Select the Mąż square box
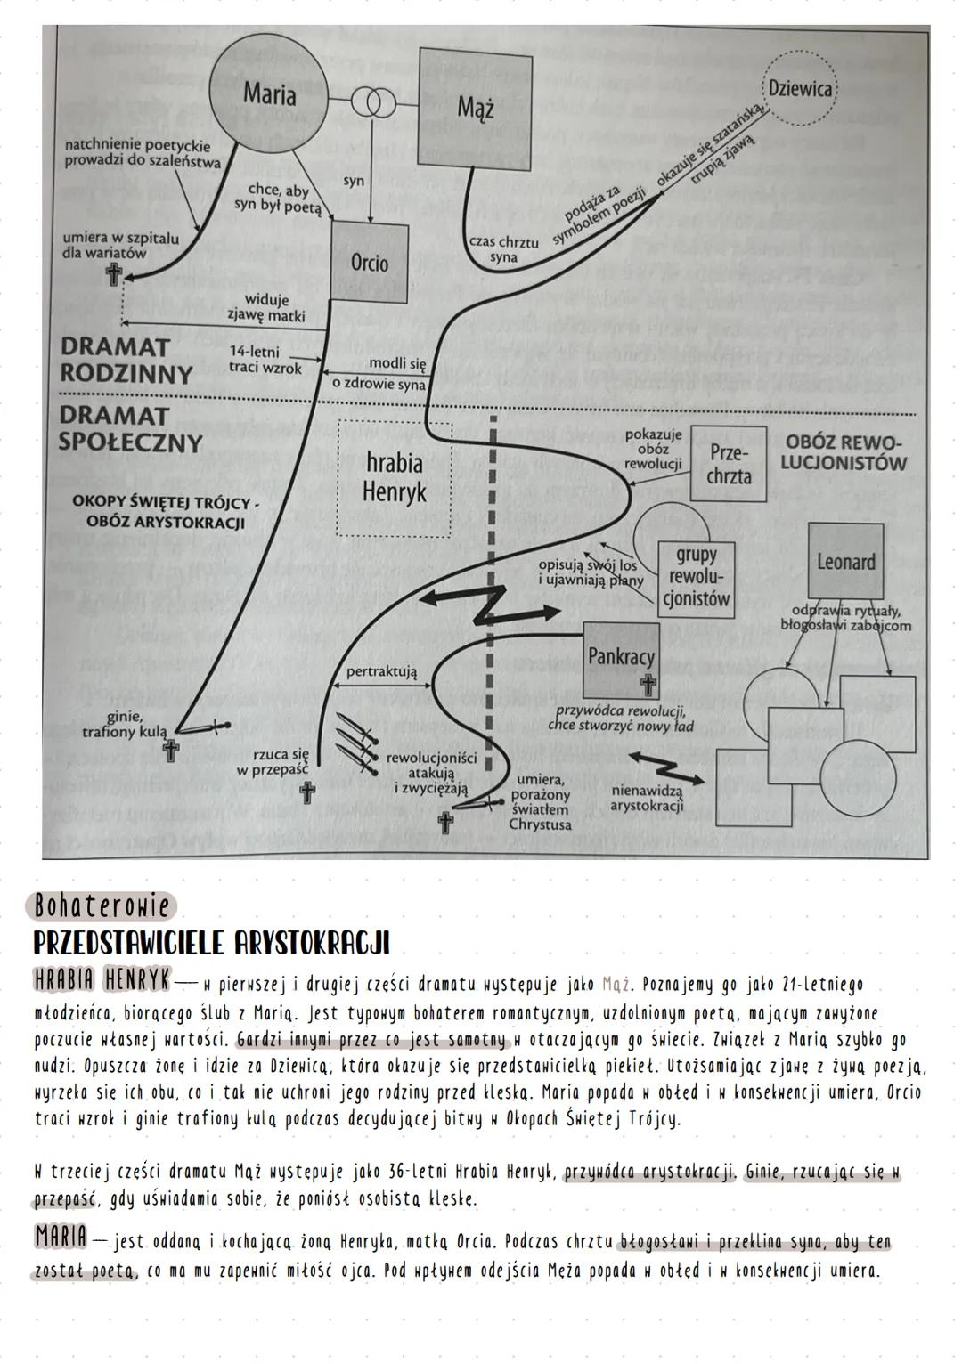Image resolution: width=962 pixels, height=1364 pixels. pyautogui.click(x=476, y=107)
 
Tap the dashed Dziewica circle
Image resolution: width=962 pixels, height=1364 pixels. pyautogui.click(x=799, y=89)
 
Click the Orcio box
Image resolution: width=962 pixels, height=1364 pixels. pyautogui.click(x=370, y=263)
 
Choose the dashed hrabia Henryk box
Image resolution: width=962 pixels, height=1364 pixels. pyautogui.click(x=395, y=478)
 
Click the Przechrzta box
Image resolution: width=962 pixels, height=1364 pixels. pyautogui.click(x=729, y=464)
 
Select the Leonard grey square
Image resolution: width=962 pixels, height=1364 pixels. pyautogui.click(x=845, y=561)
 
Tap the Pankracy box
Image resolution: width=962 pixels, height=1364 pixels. pyautogui.click(x=621, y=660)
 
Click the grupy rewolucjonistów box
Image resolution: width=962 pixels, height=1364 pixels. pyautogui.click(x=696, y=575)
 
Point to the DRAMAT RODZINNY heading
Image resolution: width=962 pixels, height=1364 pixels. pyautogui.click(x=126, y=361)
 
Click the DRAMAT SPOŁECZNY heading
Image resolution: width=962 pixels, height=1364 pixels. pyautogui.click(x=131, y=428)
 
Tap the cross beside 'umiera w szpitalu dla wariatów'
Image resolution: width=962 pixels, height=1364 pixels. pyautogui.click(x=113, y=276)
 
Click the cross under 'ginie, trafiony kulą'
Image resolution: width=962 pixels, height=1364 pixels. pyautogui.click(x=170, y=751)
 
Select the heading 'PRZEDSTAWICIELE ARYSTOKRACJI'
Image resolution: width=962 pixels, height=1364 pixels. pyautogui.click(x=211, y=943)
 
